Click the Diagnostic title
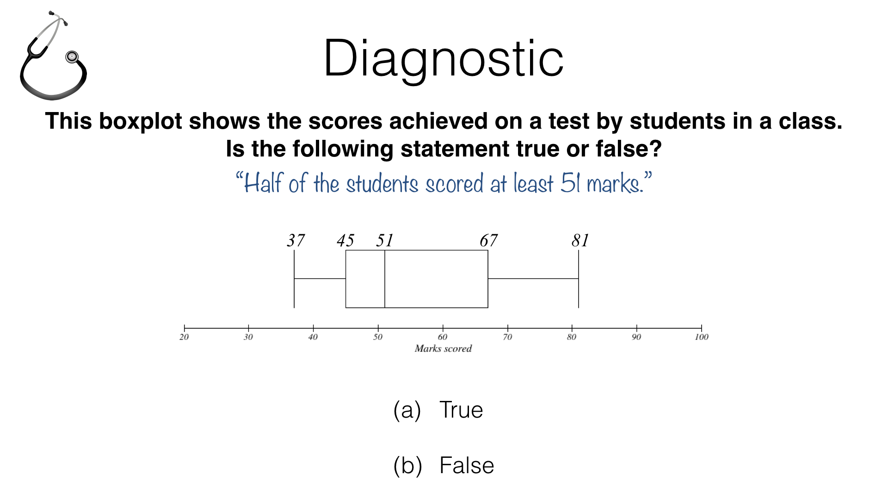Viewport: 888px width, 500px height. (444, 59)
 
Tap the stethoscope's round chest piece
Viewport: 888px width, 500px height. (72, 57)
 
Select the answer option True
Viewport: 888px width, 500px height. (438, 410)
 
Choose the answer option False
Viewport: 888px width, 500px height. (444, 466)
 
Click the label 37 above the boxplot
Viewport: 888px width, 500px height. (296, 240)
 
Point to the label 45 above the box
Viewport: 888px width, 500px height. (345, 240)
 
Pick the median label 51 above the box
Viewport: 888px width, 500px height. (384, 240)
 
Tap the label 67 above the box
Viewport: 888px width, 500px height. (488, 240)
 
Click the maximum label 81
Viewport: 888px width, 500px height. (580, 240)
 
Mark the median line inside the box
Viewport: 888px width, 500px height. (385, 279)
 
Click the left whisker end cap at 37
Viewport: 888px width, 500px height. (294, 279)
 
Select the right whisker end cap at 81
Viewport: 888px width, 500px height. (579, 279)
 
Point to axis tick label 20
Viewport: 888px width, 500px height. (184, 337)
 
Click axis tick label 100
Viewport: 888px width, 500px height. (702, 337)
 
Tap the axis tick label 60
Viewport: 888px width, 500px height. (443, 337)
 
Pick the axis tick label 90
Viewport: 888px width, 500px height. (636, 337)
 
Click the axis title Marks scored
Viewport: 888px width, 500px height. (443, 349)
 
